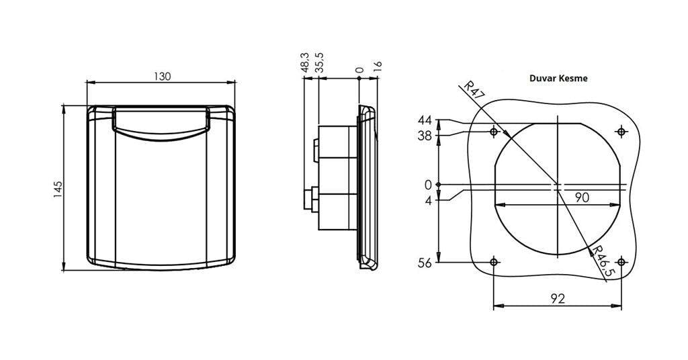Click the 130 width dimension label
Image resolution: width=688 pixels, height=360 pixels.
point(162,76)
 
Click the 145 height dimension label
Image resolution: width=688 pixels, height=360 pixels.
point(58,189)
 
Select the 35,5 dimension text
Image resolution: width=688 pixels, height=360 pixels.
point(320,62)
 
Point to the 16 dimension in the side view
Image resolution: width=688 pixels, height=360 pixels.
point(378,66)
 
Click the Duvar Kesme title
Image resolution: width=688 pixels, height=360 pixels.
point(558,79)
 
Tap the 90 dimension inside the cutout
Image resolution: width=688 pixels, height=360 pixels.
point(582,197)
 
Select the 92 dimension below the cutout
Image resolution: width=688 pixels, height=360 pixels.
point(557,299)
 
